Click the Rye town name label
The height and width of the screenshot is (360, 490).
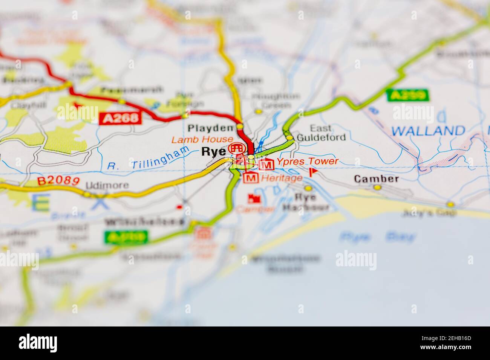214,151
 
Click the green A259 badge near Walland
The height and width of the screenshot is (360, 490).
408,95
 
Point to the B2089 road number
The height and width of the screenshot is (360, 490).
58,181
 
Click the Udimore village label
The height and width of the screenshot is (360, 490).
107,185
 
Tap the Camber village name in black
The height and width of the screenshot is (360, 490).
376,178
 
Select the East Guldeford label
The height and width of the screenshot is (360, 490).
321,133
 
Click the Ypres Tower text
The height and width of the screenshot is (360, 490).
307,162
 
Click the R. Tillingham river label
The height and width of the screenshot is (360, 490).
148,160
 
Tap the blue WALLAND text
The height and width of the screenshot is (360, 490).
428,131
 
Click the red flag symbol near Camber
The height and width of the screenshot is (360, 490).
313,172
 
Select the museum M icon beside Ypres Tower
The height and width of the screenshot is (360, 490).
266,164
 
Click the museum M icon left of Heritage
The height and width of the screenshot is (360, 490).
251,177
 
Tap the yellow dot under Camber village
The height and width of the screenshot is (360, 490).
378,187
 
